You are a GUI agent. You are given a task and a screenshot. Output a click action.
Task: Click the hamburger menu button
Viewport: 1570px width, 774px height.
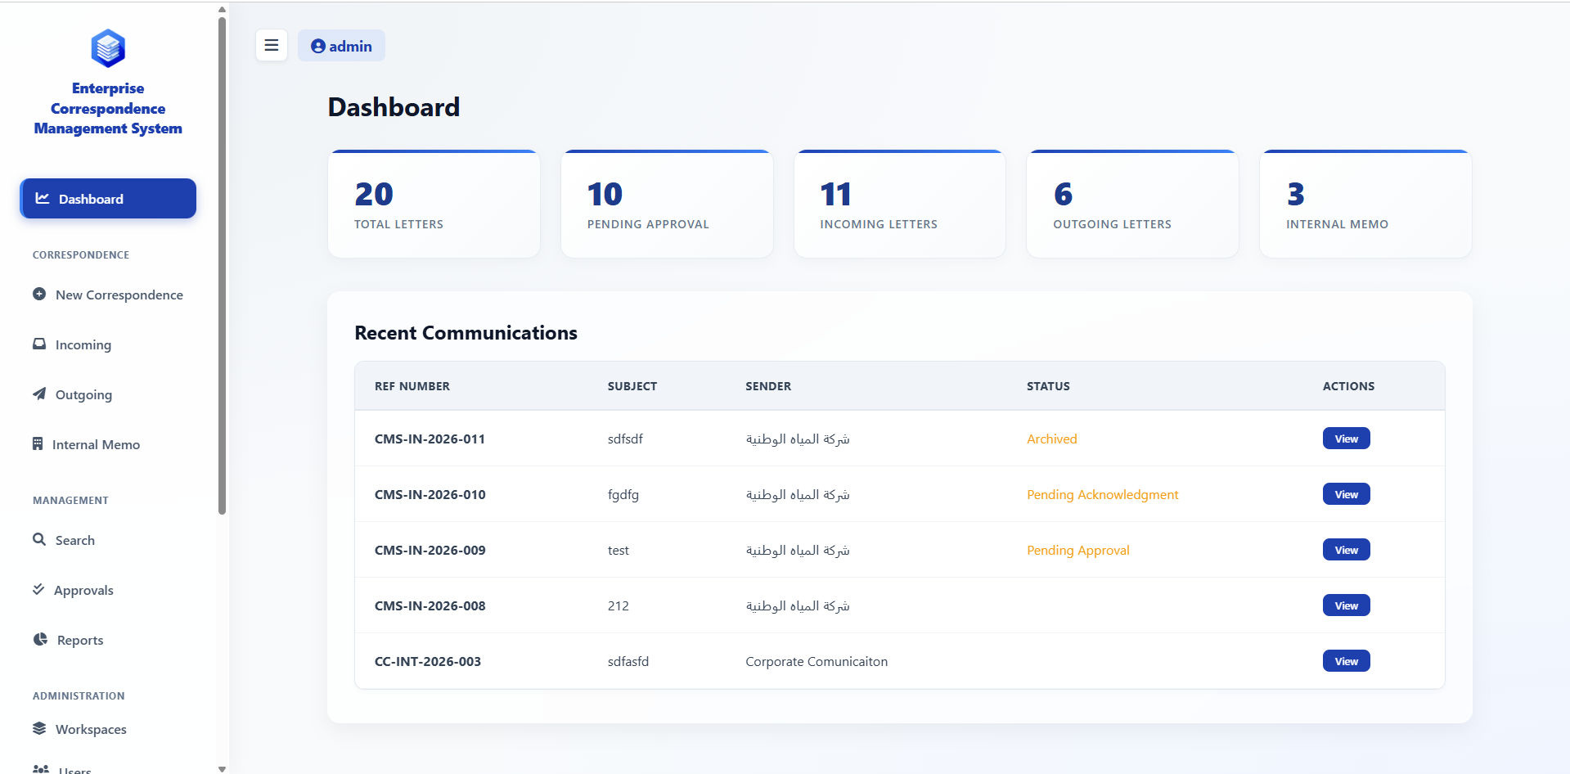pos(272,46)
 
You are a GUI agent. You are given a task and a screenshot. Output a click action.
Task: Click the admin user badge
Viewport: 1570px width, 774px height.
pos(341,47)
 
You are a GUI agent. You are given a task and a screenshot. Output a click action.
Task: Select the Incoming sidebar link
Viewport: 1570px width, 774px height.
pos(83,344)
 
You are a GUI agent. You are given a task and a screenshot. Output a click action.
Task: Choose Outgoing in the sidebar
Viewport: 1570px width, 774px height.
pos(83,394)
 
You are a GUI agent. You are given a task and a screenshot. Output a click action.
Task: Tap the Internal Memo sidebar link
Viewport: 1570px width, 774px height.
pos(95,444)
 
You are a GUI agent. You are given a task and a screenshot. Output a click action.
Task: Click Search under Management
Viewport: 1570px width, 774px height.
pos(74,540)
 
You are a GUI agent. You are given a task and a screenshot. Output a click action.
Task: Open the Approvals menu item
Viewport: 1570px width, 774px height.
pos(83,590)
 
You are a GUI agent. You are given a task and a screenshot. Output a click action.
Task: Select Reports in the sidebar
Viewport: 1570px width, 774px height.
pos(79,640)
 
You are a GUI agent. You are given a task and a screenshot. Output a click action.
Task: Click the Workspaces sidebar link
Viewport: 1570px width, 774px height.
pos(90,729)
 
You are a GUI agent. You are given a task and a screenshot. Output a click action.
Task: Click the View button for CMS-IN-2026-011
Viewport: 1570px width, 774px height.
pos(1346,439)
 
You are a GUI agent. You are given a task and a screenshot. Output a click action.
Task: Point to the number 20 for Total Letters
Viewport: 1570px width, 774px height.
pos(374,195)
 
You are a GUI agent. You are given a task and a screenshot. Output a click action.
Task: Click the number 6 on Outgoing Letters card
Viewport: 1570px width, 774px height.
pos(1063,195)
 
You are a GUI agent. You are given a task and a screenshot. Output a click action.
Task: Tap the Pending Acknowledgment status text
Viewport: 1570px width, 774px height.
pos(1102,494)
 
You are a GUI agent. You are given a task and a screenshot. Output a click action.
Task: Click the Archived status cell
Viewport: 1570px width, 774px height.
pos(1051,439)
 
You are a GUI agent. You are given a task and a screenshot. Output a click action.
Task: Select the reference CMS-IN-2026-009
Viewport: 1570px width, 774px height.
pos(430,550)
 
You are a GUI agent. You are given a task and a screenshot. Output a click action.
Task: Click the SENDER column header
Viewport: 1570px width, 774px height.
pos(767,386)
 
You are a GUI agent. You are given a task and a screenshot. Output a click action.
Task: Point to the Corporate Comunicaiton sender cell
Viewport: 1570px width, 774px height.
pos(816,661)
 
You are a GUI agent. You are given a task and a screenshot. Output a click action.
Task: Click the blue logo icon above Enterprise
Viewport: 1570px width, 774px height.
pos(108,48)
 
